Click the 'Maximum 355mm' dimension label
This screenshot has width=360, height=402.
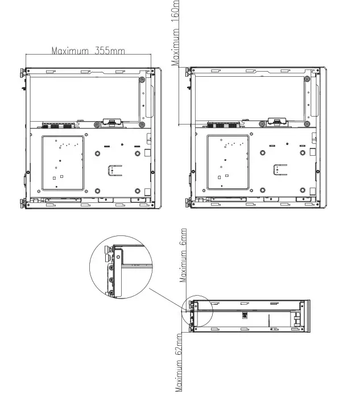coord(88,51)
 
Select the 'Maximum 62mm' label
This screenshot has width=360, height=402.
coord(180,362)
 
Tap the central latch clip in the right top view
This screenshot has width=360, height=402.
coord(276,121)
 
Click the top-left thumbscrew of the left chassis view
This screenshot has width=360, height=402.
coord(22,73)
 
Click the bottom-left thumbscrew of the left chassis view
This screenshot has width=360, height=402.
coord(22,203)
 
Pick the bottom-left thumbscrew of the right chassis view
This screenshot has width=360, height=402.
coord(188,203)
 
